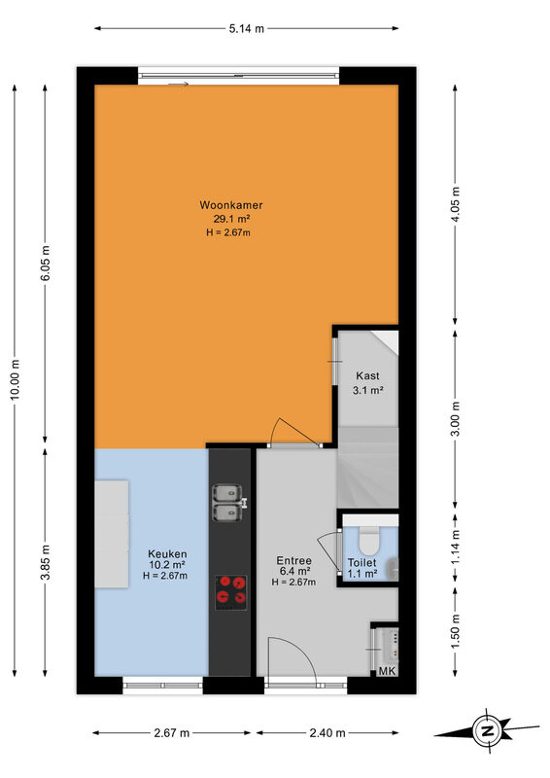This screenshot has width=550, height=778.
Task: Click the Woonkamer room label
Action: click(231, 205)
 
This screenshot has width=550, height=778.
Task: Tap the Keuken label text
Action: click(167, 553)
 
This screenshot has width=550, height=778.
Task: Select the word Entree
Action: click(294, 561)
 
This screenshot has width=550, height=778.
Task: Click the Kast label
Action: click(367, 375)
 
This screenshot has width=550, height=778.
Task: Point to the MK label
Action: click(388, 671)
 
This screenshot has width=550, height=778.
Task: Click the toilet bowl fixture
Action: click(369, 542)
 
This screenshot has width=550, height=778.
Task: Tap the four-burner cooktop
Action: click(231, 592)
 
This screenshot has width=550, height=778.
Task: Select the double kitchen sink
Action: click(228, 503)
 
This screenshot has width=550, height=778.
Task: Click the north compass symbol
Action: click(486, 731)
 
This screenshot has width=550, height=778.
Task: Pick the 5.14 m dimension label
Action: click(247, 29)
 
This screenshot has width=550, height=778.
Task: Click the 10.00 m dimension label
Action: click(15, 379)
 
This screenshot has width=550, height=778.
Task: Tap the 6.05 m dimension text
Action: click(45, 263)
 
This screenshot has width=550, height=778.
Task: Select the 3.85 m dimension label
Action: click(45, 562)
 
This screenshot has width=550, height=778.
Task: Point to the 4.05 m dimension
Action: click(456, 204)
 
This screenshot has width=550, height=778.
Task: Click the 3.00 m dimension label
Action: click(456, 418)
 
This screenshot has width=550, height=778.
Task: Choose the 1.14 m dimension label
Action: click(456, 547)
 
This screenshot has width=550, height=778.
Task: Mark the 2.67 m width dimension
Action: click(172, 733)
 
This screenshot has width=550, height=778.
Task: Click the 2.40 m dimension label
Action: click(327, 733)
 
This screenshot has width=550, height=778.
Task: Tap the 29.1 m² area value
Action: click(231, 219)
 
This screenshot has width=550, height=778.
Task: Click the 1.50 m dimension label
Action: click(456, 630)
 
